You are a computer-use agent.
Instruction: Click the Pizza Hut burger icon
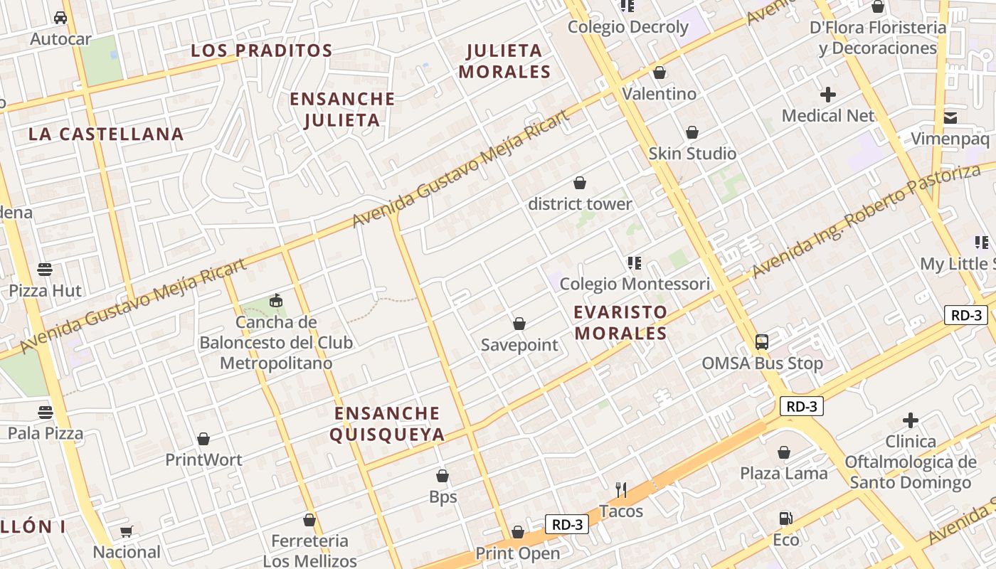[x=45, y=270]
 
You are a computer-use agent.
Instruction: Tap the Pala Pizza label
[x=46, y=433]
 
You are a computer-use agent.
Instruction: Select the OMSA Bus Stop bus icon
[x=761, y=342]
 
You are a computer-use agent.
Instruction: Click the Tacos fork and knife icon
[x=621, y=489]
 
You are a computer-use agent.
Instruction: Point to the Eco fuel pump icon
[x=785, y=519]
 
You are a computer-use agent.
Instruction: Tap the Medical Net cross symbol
[x=828, y=94]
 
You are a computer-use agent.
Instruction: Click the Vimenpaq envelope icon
[x=950, y=117]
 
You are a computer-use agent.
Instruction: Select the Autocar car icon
[x=60, y=17]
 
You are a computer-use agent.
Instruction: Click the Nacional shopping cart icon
[x=127, y=531]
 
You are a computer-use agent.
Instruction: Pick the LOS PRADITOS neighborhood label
[x=262, y=50]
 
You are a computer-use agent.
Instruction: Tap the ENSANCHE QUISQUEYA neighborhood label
[x=388, y=424]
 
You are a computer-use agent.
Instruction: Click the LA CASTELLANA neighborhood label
[x=106, y=134]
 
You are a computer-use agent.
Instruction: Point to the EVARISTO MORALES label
[x=620, y=322]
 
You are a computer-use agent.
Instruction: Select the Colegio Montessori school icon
[x=635, y=263]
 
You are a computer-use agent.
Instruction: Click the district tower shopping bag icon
[x=580, y=183]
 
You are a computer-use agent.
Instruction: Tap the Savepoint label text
[x=519, y=345]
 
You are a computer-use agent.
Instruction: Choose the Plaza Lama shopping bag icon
[x=783, y=452]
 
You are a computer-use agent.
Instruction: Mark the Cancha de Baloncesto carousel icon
[x=276, y=301]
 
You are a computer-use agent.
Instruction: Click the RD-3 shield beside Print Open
[x=567, y=525]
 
